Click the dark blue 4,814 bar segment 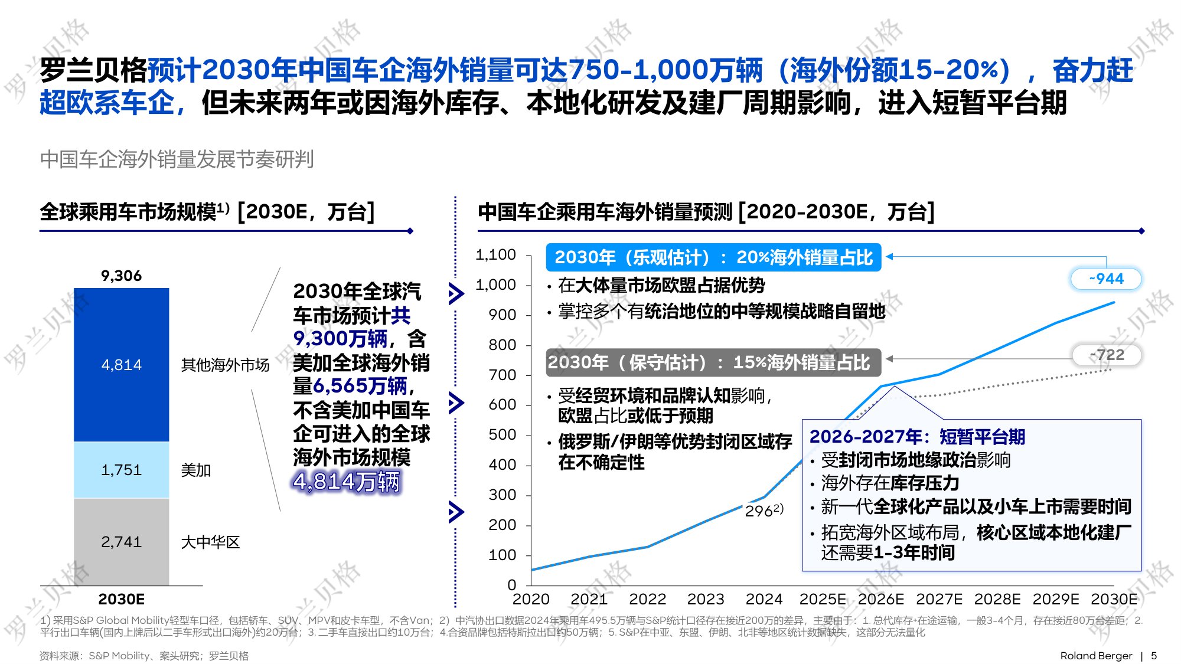point(121,364)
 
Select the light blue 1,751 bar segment point(121,470)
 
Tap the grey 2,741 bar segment point(121,542)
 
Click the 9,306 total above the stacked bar point(121,276)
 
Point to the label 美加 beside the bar point(195,470)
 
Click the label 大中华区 point(210,542)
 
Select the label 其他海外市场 point(225,365)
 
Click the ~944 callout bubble point(1106,279)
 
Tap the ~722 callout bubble point(1107,355)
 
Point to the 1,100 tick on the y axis point(495,255)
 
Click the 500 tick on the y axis point(502,435)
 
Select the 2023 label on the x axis point(706,599)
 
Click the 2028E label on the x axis point(997,599)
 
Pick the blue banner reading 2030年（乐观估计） point(713,257)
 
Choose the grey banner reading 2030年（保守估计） point(713,362)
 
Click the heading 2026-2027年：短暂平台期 point(917,437)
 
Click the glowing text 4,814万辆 point(347,482)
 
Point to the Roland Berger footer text point(1096,656)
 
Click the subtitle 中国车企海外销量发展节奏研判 point(177,159)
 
